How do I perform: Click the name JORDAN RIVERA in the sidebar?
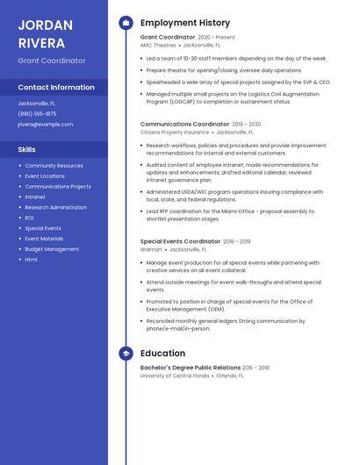[x=42, y=32]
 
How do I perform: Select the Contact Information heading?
[x=56, y=87]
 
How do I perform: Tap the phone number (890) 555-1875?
[x=37, y=113]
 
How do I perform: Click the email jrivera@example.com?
[x=46, y=125]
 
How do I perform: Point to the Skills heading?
[x=26, y=149]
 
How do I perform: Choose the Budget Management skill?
[x=52, y=249]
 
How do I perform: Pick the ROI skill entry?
[x=29, y=218]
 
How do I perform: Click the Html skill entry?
[x=31, y=260]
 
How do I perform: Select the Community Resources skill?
[x=54, y=165]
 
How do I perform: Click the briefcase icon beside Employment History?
[x=126, y=23]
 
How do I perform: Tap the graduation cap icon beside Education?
[x=126, y=354]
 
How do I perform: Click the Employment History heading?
[x=185, y=23]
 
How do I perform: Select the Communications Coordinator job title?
[x=184, y=125]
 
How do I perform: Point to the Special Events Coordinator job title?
[x=180, y=241]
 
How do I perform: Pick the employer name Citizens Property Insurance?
[x=175, y=132]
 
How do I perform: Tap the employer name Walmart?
[x=151, y=249]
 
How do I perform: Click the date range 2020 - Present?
[x=217, y=38]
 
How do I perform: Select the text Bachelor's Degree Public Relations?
[x=190, y=368]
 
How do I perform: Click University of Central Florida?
[x=175, y=376]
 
